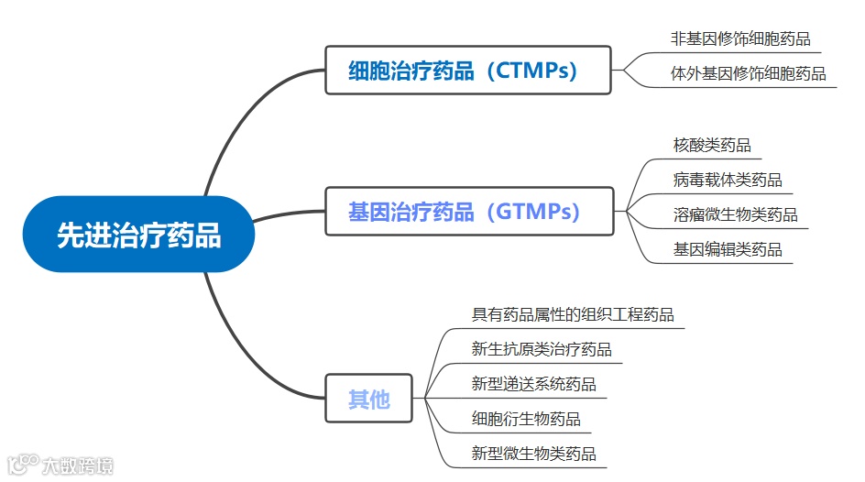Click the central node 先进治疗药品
pos(138,235)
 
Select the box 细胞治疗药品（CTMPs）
pos(467,71)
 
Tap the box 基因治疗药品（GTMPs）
pos(467,212)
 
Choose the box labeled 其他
pos(368,399)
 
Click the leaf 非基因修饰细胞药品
pos(740,38)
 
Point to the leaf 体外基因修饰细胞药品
pos(748,73)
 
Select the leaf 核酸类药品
pos(712,145)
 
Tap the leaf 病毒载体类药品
pos(728,180)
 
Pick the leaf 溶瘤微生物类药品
pos(735,214)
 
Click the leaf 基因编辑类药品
pos(728,249)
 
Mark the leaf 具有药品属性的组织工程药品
pos(573,314)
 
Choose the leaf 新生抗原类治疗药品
pos(542,349)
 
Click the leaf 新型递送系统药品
pos(533,384)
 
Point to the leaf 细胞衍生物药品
pos(526,419)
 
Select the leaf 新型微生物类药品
pos(533,454)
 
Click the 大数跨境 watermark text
pos(78,466)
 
